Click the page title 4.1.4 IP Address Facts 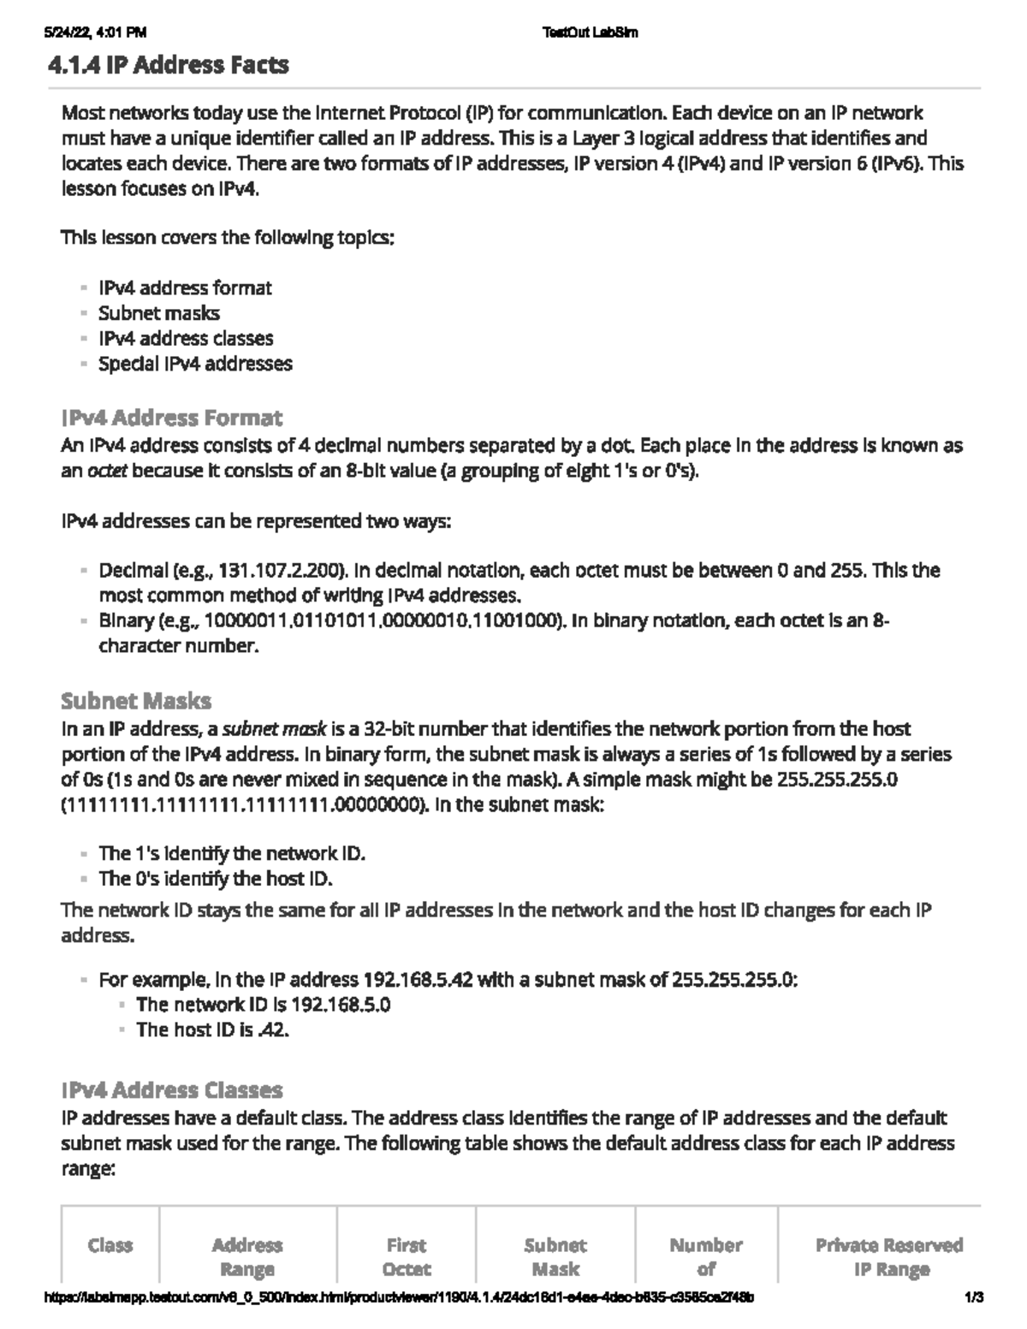pyautogui.click(x=169, y=65)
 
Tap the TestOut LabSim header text pyautogui.click(x=591, y=33)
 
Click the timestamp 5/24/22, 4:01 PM pyautogui.click(x=95, y=33)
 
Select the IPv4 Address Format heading pyautogui.click(x=171, y=418)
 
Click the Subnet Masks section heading pyautogui.click(x=136, y=701)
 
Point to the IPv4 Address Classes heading pyautogui.click(x=171, y=1090)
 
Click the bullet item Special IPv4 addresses pyautogui.click(x=195, y=364)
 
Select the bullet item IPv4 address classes pyautogui.click(x=186, y=338)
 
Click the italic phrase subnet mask pyautogui.click(x=274, y=729)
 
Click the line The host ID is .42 pyautogui.click(x=212, y=1030)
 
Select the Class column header pyautogui.click(x=110, y=1245)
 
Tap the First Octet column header pyautogui.click(x=407, y=1256)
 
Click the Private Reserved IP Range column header pyautogui.click(x=889, y=1256)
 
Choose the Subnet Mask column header pyautogui.click(x=555, y=1256)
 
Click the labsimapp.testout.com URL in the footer pyautogui.click(x=398, y=1297)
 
